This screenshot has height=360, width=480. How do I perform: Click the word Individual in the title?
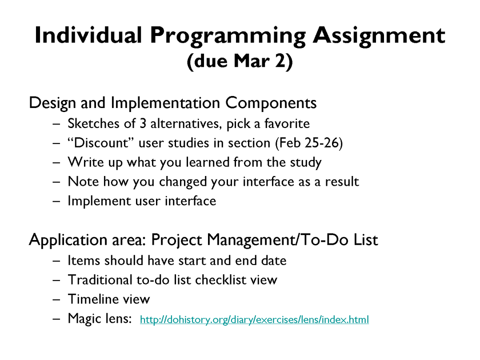tap(88, 35)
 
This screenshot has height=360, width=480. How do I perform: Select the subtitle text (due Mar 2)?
tap(240, 61)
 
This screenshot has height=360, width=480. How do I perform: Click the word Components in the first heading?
tap(271, 103)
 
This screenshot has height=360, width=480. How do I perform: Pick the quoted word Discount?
tap(101, 143)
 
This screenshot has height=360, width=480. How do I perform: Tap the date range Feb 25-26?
tap(309, 143)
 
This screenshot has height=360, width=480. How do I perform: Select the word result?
tap(342, 181)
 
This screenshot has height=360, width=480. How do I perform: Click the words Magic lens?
tap(100, 318)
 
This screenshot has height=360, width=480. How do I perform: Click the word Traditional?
tap(100, 280)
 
